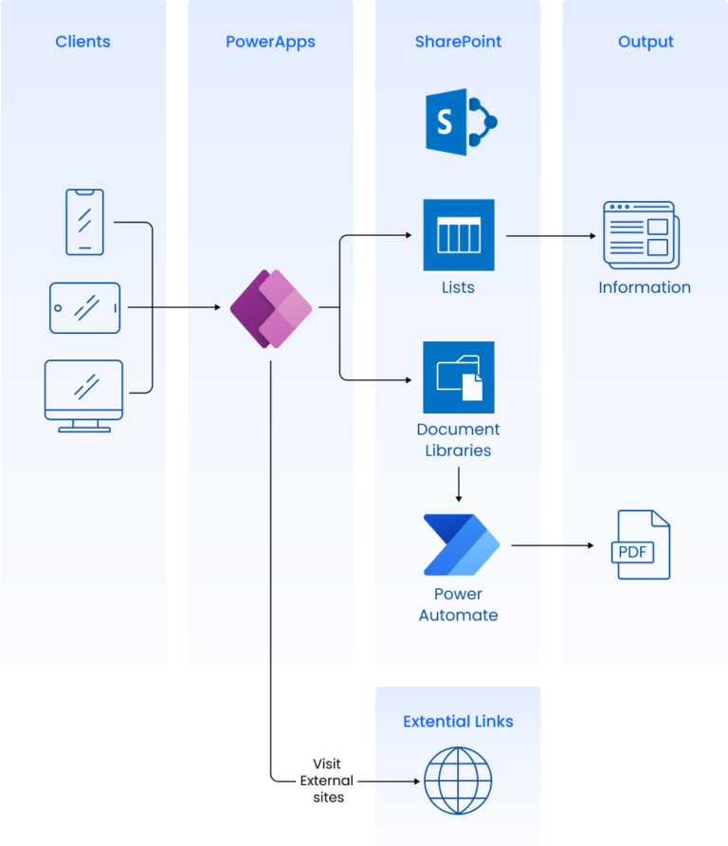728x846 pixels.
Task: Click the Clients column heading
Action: pos(82,42)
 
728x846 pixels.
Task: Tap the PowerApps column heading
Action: pos(270,42)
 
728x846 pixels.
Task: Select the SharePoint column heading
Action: pos(458,42)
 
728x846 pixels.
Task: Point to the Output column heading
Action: pos(646,42)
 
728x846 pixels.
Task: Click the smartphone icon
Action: pos(84,222)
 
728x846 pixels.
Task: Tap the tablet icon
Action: pos(84,307)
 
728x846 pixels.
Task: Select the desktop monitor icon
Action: pos(84,395)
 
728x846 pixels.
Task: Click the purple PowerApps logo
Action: pos(271,308)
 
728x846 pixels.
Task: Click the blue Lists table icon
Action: pos(459,234)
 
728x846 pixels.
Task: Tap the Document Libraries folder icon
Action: pos(459,377)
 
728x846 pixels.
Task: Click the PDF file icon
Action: pos(641,544)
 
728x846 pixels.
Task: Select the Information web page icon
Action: pos(642,234)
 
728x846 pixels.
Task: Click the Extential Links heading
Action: pos(458,722)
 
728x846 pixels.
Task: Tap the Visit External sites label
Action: pos(326,781)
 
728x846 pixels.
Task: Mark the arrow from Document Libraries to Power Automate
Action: pos(459,484)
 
